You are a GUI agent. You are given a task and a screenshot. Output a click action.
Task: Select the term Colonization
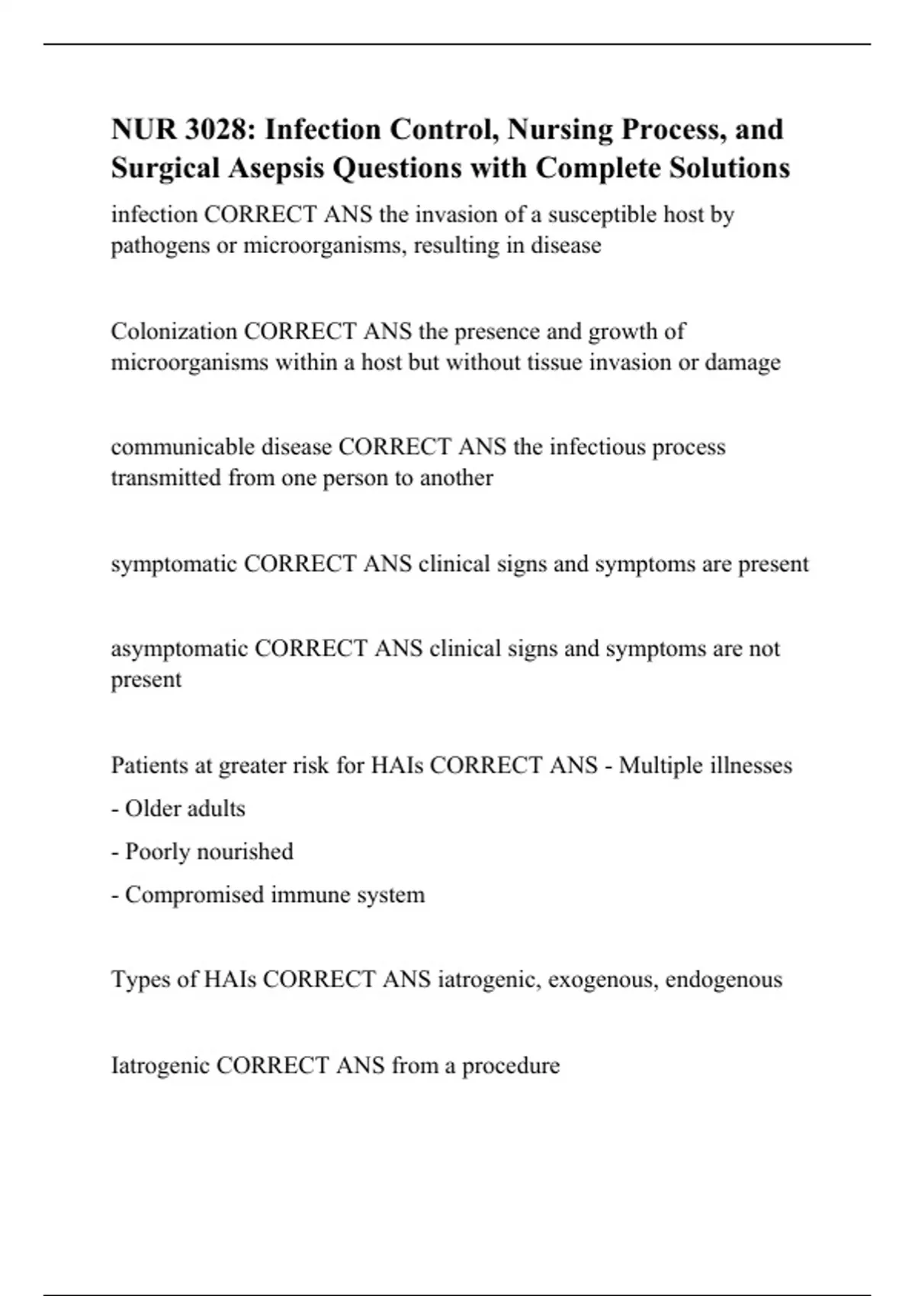tap(174, 332)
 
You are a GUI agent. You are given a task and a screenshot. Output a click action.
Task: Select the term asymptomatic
tap(179, 649)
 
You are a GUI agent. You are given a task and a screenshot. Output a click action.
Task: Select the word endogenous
tap(724, 980)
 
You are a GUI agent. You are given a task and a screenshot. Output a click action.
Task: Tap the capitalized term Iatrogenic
tap(160, 1065)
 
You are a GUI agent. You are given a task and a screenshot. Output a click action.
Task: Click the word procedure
tap(511, 1065)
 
